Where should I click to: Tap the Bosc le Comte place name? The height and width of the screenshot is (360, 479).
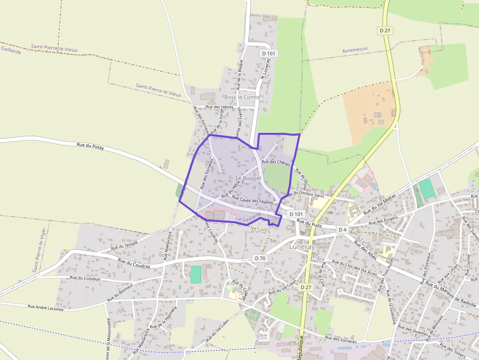(242, 97)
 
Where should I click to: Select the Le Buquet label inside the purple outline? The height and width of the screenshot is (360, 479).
(248, 178)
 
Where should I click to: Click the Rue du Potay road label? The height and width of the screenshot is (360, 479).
(90, 145)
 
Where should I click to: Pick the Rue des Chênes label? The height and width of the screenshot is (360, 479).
(276, 162)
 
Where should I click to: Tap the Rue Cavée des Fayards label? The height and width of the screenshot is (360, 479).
(253, 200)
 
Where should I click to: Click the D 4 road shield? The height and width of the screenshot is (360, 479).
(342, 229)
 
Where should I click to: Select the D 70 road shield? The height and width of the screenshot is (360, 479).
(260, 258)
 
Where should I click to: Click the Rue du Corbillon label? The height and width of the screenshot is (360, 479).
(85, 278)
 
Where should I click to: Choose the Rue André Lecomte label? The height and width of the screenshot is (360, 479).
(45, 307)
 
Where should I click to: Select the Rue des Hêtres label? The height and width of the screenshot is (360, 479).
(219, 106)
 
